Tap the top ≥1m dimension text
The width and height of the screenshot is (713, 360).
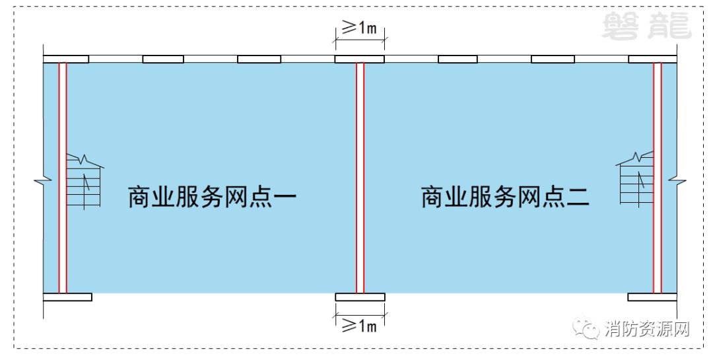[x=358, y=28]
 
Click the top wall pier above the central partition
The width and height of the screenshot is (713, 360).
[x=359, y=59]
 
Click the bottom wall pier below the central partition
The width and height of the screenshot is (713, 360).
[x=360, y=297]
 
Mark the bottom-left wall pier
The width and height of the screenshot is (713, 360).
[x=67, y=297]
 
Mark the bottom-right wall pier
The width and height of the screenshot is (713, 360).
[x=652, y=297]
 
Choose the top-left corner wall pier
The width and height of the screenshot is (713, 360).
[x=66, y=59]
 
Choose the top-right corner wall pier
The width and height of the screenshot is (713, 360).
[x=652, y=59]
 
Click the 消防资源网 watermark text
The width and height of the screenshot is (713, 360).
[x=646, y=329]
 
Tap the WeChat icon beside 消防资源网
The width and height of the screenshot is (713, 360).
[x=586, y=328]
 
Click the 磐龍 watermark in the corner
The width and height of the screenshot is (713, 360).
[x=646, y=26]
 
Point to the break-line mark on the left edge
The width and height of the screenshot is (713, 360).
[x=43, y=179]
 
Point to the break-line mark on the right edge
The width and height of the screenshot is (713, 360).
[x=677, y=178]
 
